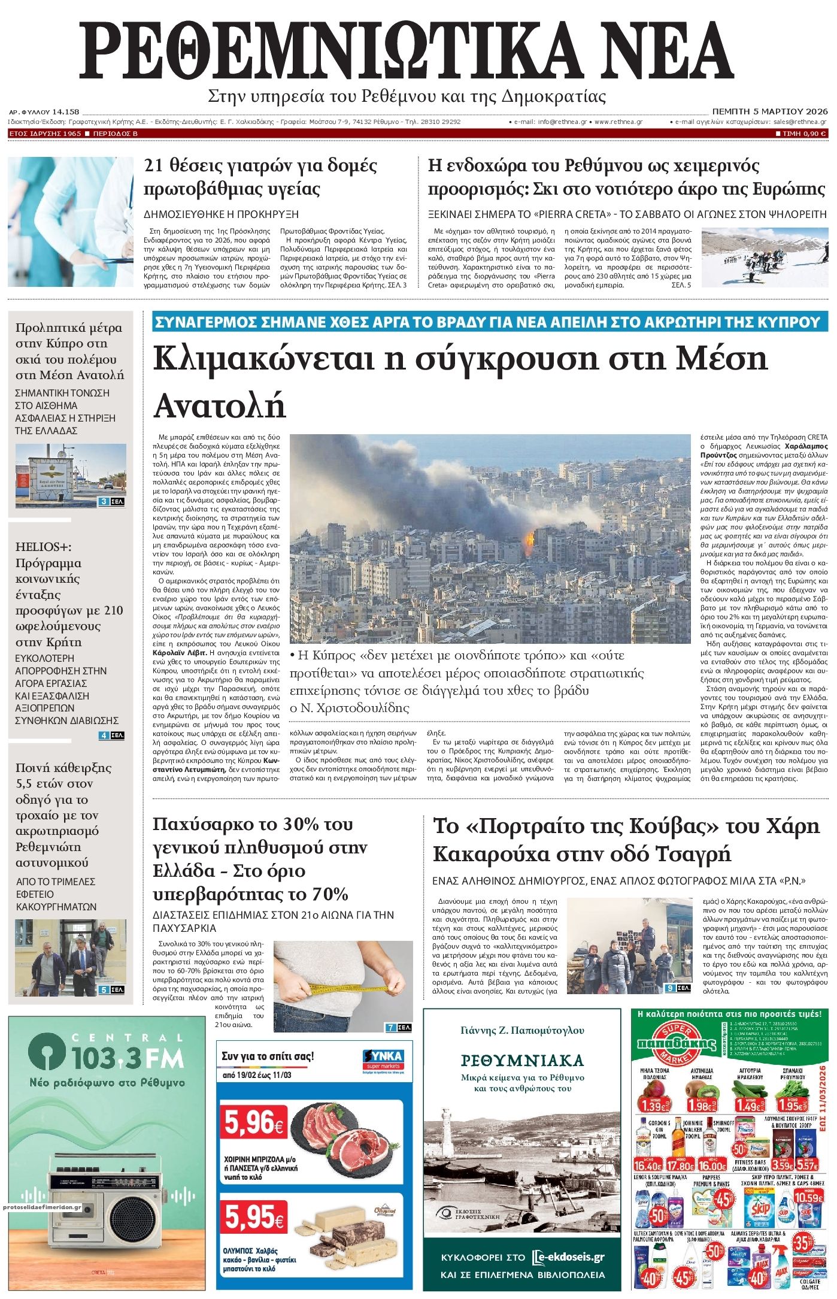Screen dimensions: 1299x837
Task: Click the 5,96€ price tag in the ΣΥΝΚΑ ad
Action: click(x=254, y=1124)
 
